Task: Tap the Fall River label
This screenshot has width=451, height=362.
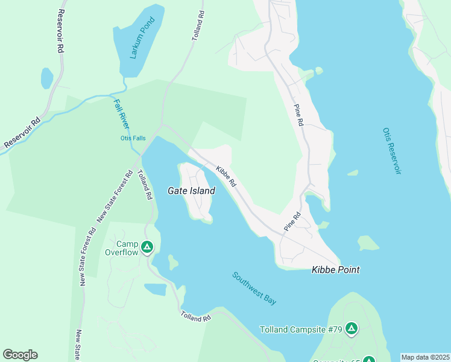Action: point(122,113)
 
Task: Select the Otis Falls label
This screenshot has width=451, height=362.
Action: point(133,138)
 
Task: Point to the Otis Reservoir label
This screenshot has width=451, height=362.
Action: point(392,151)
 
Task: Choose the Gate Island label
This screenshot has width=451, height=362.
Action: point(191,191)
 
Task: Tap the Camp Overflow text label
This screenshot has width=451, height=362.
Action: point(127,248)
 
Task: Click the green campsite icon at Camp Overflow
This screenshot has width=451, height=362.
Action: point(148,246)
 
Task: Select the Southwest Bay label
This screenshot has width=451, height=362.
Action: point(254,288)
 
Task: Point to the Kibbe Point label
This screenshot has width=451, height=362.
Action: point(335,270)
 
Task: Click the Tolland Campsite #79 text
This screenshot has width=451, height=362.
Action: point(301,329)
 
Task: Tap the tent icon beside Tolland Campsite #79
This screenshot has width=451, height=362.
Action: point(352,329)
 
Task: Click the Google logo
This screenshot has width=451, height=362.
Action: point(20,355)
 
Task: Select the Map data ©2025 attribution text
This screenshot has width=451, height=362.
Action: point(424,357)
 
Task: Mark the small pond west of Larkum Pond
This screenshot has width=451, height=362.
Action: point(46,78)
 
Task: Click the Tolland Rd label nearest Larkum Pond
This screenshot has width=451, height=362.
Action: point(198,25)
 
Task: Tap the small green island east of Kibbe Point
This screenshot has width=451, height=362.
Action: point(368,243)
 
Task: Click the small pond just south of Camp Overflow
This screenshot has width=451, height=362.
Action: point(155,290)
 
